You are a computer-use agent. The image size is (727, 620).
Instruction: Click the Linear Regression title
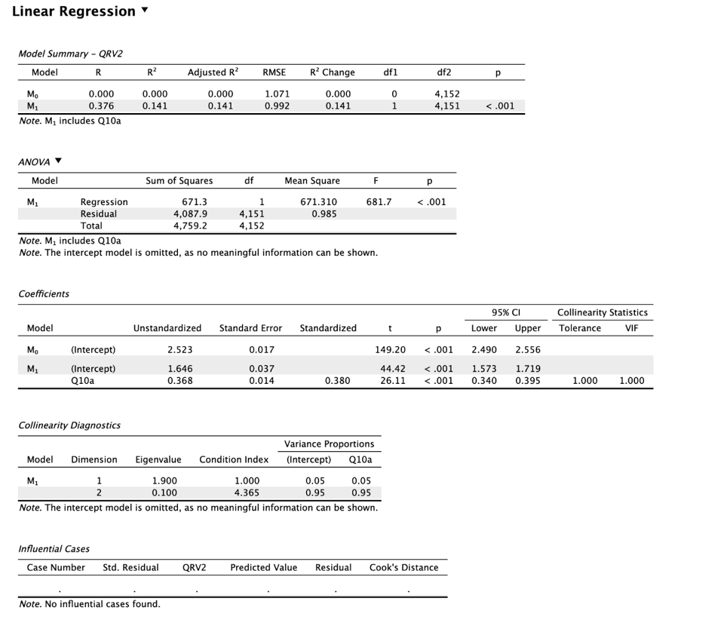(x=73, y=11)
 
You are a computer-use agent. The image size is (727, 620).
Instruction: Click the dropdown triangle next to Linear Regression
(x=145, y=11)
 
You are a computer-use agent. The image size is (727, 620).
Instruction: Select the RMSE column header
(x=274, y=72)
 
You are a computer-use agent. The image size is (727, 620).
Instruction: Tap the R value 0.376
(x=101, y=106)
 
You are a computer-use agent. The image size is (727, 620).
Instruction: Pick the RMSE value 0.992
(x=277, y=106)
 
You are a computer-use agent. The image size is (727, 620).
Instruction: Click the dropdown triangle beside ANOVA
(x=58, y=161)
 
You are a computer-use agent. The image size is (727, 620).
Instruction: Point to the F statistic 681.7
(x=379, y=202)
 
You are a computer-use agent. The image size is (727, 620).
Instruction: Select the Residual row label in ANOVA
(x=99, y=213)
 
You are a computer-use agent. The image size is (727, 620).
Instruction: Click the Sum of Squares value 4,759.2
(x=190, y=226)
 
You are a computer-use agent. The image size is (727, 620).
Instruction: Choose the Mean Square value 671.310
(x=318, y=202)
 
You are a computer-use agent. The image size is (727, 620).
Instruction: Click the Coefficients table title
(x=44, y=293)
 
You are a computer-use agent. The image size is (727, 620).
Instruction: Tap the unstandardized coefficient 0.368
(x=179, y=381)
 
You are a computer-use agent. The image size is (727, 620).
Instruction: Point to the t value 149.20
(x=390, y=350)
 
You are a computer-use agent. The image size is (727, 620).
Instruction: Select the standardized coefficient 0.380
(x=337, y=381)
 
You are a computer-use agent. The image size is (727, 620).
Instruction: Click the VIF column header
(x=631, y=328)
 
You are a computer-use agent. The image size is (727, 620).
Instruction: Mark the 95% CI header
(x=506, y=312)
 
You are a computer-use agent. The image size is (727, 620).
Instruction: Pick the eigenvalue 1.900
(x=164, y=480)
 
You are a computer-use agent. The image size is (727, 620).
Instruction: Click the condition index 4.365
(x=247, y=493)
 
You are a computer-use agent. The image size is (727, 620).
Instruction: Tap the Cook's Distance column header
(x=403, y=567)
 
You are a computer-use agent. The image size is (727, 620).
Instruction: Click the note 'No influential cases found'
(x=90, y=603)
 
